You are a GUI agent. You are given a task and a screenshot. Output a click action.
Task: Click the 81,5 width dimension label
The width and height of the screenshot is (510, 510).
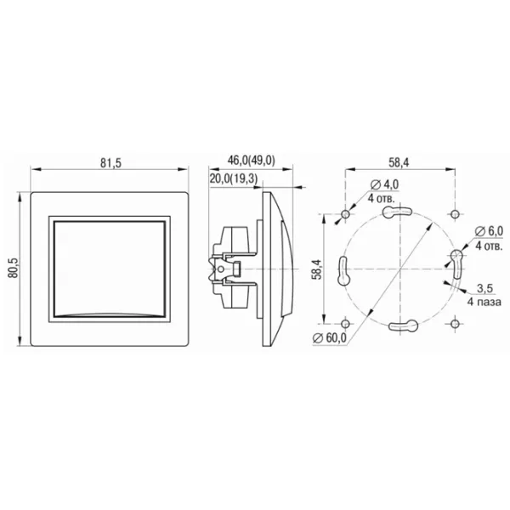(x=110, y=162)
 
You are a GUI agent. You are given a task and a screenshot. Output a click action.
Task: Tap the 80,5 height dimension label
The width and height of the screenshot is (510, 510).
(x=14, y=269)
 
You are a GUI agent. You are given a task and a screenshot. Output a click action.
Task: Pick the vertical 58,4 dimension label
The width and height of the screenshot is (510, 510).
(x=317, y=269)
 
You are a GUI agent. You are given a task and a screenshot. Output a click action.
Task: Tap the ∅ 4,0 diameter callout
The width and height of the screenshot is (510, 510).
(x=384, y=184)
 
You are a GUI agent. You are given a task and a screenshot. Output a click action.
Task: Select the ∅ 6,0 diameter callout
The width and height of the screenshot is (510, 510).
(x=489, y=231)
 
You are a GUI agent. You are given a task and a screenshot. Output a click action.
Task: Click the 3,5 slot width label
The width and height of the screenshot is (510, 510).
(x=485, y=288)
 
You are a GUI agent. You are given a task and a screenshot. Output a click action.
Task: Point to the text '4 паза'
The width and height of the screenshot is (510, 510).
(x=484, y=302)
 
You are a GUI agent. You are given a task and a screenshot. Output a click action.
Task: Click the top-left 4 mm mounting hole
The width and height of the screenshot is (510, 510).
(x=345, y=214)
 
